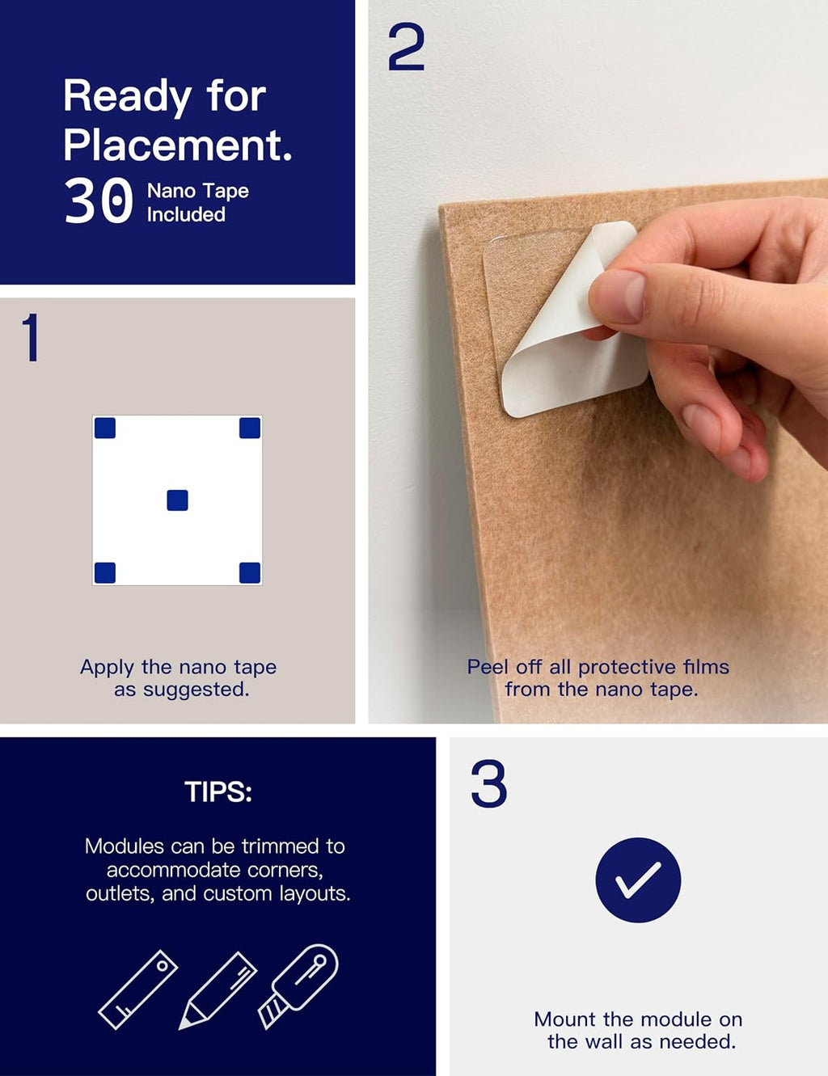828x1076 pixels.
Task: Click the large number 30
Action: coord(99,201)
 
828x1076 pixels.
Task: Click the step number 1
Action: coord(32,337)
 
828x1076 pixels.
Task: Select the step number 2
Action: coord(406,48)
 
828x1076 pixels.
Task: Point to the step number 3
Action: coord(488,783)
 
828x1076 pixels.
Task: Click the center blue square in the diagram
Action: coord(177,500)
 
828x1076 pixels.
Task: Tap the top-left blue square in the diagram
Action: coord(105,428)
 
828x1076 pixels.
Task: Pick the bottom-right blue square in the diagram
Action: coord(250,573)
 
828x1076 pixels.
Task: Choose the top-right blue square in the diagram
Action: coord(250,428)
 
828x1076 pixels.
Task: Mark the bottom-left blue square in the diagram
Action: coord(105,573)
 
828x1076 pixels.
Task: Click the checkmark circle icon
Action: coord(638,880)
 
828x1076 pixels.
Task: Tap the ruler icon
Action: coord(138,989)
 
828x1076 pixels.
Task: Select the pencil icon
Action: coord(218,990)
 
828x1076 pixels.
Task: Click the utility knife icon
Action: coord(298,986)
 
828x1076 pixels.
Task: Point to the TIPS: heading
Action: coord(218,791)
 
